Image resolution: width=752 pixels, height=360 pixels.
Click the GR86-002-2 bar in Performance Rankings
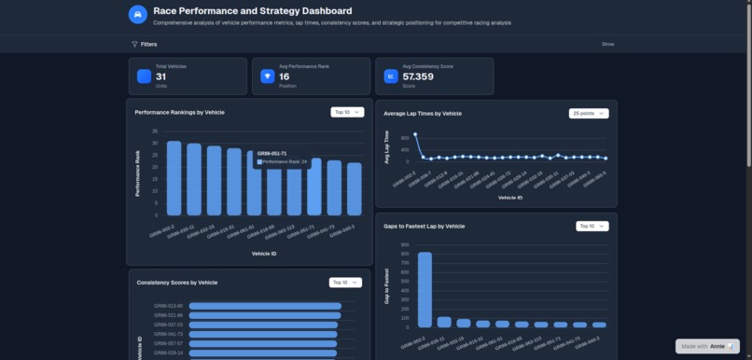[174, 178]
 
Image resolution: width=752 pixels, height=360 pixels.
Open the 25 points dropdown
[588, 113]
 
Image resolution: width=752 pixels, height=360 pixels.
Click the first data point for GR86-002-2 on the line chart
[415, 133]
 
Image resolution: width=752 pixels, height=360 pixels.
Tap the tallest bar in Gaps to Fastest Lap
[425, 289]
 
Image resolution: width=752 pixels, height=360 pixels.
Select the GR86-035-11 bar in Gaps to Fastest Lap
[444, 322]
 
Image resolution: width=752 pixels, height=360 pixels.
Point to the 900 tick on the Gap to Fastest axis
[404, 245]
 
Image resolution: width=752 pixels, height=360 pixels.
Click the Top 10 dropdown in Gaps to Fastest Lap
[592, 226]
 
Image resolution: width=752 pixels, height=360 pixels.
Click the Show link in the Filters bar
[607, 44]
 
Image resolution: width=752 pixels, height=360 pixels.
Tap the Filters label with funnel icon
[144, 44]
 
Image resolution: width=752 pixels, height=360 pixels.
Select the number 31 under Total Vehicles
[160, 77]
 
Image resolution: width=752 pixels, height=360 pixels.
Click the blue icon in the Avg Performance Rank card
[268, 76]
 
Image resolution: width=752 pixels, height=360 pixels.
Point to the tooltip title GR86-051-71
[272, 153]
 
